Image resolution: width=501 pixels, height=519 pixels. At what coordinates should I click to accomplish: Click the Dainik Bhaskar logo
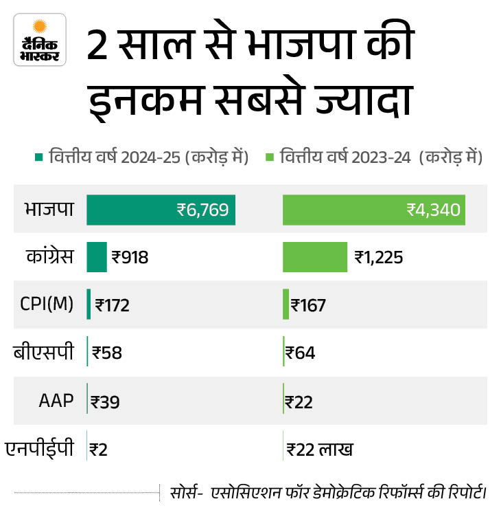tap(40, 40)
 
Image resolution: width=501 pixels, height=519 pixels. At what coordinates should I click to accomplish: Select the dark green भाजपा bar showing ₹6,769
tap(161, 209)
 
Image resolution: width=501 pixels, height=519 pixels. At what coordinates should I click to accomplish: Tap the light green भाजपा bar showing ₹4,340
tap(374, 209)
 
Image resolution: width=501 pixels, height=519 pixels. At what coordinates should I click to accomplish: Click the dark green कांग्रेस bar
tap(97, 257)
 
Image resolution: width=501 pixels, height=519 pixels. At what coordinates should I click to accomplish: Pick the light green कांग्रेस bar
tap(315, 257)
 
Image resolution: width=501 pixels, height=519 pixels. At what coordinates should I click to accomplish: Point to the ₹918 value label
tap(130, 258)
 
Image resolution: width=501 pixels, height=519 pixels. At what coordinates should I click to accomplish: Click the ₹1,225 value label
tap(379, 258)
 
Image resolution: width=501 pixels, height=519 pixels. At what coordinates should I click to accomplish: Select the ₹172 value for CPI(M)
tap(113, 305)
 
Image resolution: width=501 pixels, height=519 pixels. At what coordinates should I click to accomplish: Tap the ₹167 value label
tap(308, 305)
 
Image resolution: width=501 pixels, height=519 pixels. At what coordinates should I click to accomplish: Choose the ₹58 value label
tap(107, 353)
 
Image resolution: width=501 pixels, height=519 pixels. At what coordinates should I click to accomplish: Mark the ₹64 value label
tap(301, 353)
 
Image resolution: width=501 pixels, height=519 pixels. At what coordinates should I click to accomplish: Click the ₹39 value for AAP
tap(105, 402)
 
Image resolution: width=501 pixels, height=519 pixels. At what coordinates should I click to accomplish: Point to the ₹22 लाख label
tap(320, 450)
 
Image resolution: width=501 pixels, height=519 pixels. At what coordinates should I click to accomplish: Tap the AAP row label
tap(56, 401)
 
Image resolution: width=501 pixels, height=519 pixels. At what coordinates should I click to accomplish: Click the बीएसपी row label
tap(43, 353)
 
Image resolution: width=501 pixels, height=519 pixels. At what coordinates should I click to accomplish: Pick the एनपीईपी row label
tap(39, 450)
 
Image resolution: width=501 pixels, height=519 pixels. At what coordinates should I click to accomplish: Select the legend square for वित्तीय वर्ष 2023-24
tap(270, 157)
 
